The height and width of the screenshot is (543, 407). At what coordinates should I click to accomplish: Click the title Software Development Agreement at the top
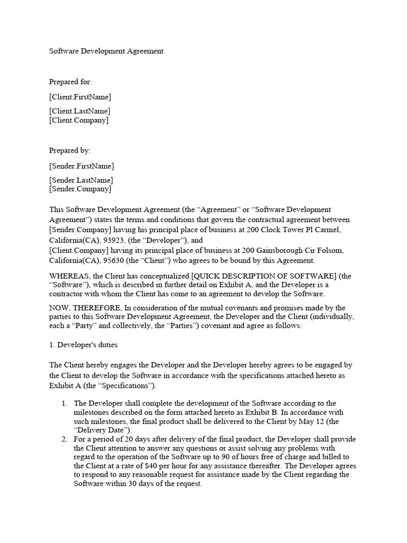tap(107, 51)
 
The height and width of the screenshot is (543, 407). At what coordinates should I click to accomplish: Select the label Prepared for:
tap(70, 82)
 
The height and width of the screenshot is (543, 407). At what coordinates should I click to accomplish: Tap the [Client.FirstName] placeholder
tap(81, 97)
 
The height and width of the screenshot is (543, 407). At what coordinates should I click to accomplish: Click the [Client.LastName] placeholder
tap(80, 111)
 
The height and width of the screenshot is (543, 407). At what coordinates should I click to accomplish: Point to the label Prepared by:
tap(70, 151)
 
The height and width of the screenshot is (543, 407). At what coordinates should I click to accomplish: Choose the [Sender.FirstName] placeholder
tap(82, 166)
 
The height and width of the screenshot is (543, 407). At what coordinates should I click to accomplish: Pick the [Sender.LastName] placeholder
tap(81, 180)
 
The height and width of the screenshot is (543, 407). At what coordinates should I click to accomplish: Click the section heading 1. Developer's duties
tap(84, 345)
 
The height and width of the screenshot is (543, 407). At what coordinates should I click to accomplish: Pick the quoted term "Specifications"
tap(116, 385)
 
